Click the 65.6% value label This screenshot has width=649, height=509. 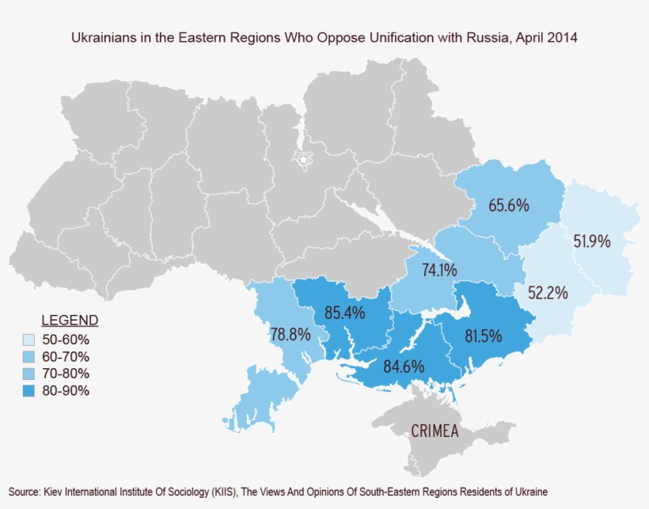tap(508, 205)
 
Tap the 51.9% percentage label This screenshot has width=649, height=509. tap(592, 241)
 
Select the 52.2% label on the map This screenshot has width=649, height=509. tap(548, 293)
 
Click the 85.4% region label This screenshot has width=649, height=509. tap(344, 313)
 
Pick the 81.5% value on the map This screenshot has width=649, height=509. tap(483, 336)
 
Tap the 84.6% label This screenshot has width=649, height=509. tap(404, 367)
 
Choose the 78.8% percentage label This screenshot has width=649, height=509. tap(290, 334)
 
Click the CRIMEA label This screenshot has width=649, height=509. tap(436, 431)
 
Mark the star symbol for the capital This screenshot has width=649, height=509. tap(303, 160)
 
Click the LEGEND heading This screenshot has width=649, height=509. tap(70, 321)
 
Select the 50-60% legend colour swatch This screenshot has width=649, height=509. tap(29, 339)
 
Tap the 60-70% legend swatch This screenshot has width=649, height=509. tap(29, 356)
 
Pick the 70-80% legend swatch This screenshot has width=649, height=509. tap(29, 373)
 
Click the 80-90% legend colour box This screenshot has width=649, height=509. tap(29, 390)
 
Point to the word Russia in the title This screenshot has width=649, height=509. tap(468, 37)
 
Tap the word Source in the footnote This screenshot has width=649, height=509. tap(24, 491)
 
